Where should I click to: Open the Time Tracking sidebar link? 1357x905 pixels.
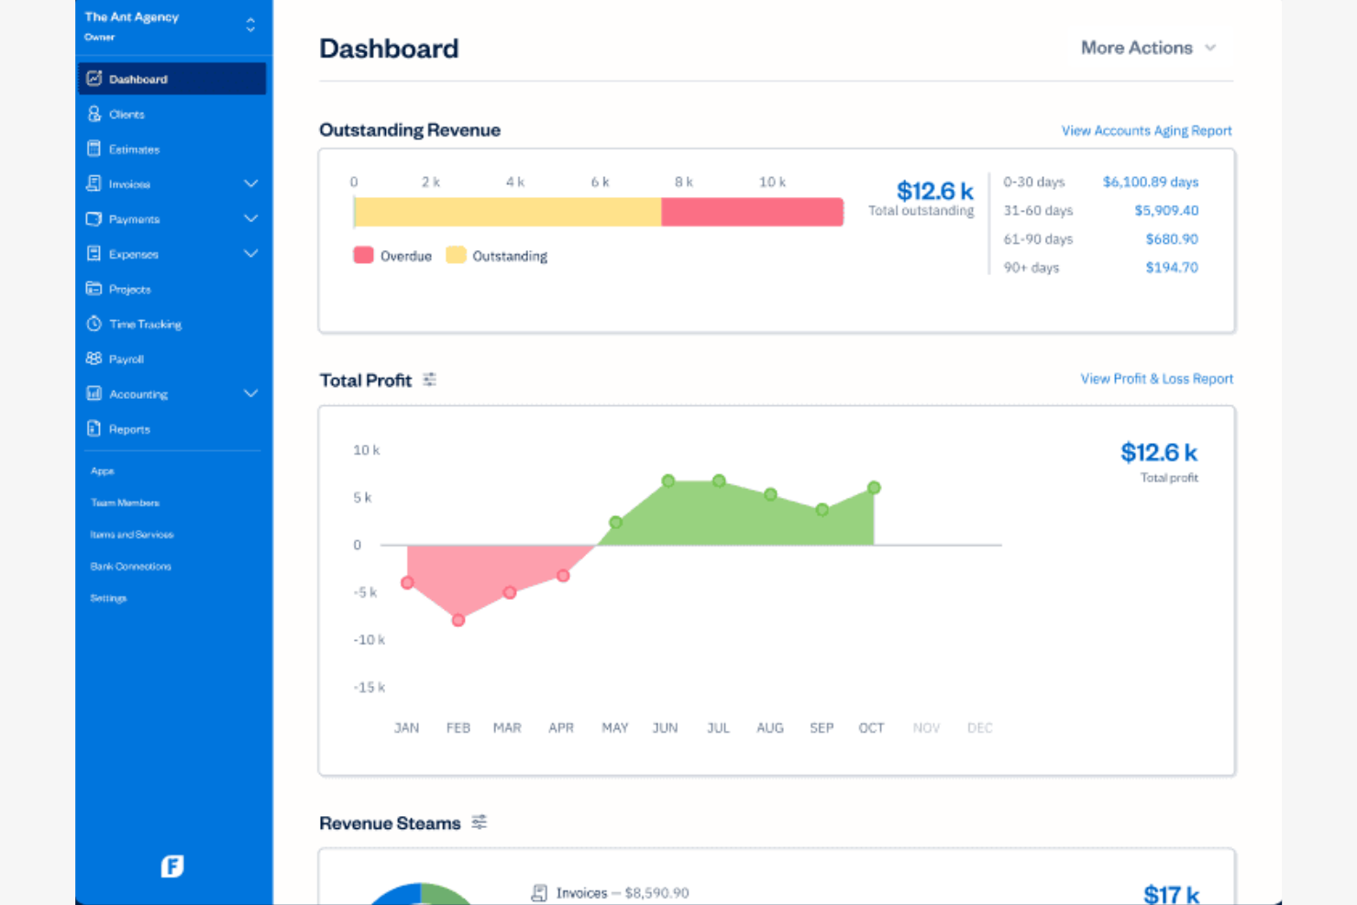click(144, 325)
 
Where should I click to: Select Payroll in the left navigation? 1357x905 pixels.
click(126, 359)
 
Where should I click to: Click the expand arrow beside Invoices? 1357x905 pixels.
click(250, 184)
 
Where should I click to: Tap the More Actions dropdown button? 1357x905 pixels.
click(1147, 48)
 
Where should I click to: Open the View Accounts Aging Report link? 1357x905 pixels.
click(1146, 131)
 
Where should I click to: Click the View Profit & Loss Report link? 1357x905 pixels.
click(1156, 379)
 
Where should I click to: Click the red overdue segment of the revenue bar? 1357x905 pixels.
click(752, 212)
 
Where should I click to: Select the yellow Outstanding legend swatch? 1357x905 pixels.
click(456, 255)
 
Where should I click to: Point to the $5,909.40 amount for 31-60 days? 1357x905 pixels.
click(1166, 211)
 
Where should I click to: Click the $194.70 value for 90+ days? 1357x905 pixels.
click(1172, 268)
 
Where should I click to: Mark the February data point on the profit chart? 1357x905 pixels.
click(458, 621)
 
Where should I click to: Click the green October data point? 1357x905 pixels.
click(874, 488)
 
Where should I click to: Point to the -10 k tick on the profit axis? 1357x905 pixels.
click(369, 640)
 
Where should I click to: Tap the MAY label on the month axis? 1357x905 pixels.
click(614, 728)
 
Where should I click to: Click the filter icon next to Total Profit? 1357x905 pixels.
click(429, 380)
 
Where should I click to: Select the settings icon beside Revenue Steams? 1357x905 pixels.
click(479, 822)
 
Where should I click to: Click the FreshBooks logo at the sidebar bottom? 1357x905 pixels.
click(172, 866)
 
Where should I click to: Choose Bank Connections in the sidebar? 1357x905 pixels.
click(130, 567)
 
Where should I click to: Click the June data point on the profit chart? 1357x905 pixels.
click(668, 481)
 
